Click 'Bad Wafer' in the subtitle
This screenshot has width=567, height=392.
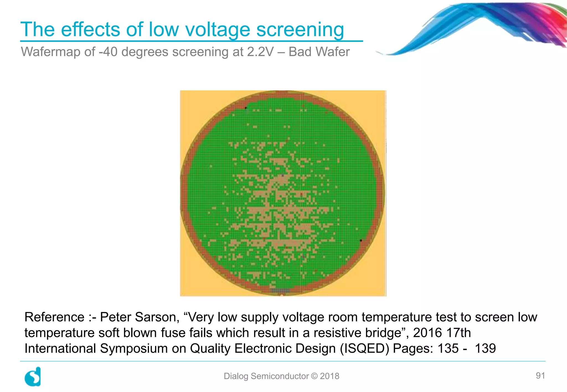pyautogui.click(x=319, y=52)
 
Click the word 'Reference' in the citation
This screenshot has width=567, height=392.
pyautogui.click(x=54, y=317)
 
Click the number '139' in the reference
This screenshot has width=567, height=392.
pyautogui.click(x=485, y=349)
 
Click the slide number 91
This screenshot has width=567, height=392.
pyautogui.click(x=540, y=376)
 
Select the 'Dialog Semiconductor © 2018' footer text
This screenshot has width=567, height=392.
pyautogui.click(x=281, y=376)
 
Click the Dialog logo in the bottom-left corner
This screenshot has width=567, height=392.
pyautogui.click(x=33, y=377)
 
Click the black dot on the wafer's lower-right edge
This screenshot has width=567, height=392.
pyautogui.click(x=361, y=241)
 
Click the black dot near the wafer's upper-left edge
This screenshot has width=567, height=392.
pyautogui.click(x=246, y=108)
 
